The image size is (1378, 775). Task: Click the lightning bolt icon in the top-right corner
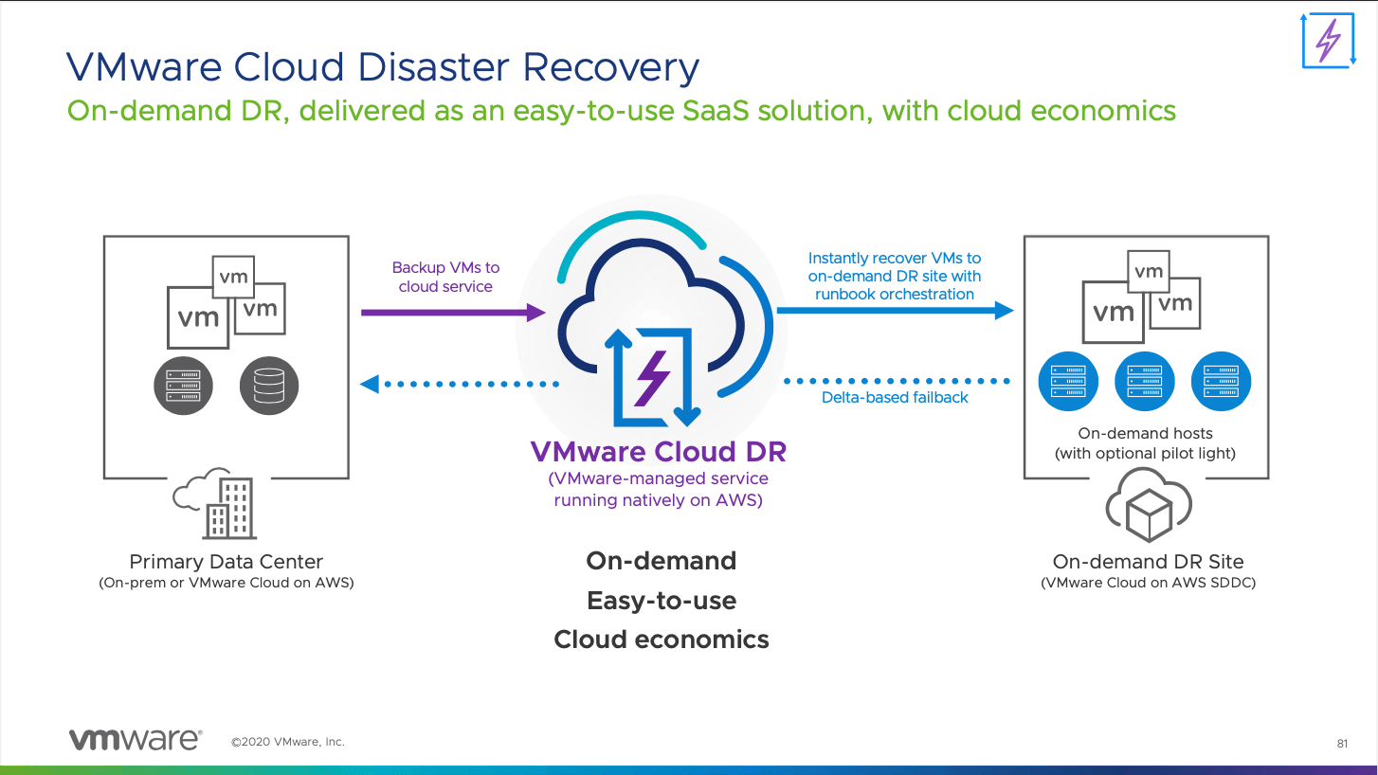pyautogui.click(x=1329, y=40)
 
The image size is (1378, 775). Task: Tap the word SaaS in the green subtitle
pyautogui.click(x=728, y=111)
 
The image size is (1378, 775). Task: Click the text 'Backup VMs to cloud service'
pyautogui.click(x=445, y=278)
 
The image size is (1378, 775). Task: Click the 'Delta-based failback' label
pyautogui.click(x=895, y=398)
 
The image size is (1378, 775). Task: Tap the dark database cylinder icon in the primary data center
pyautogui.click(x=269, y=386)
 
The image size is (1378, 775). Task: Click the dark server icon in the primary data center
pyautogui.click(x=184, y=386)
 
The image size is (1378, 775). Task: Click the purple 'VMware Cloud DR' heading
pyautogui.click(x=658, y=452)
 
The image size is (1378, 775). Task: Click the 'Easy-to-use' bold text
pyautogui.click(x=662, y=601)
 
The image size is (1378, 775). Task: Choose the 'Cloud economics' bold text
pyautogui.click(x=662, y=640)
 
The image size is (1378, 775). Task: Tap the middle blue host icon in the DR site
pyautogui.click(x=1145, y=382)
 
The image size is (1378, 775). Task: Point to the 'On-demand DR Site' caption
pyautogui.click(x=1148, y=562)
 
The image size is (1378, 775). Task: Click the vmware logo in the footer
pyautogui.click(x=135, y=740)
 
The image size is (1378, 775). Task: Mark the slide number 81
pyautogui.click(x=1342, y=744)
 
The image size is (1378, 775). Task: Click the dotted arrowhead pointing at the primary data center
pyautogui.click(x=370, y=384)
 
